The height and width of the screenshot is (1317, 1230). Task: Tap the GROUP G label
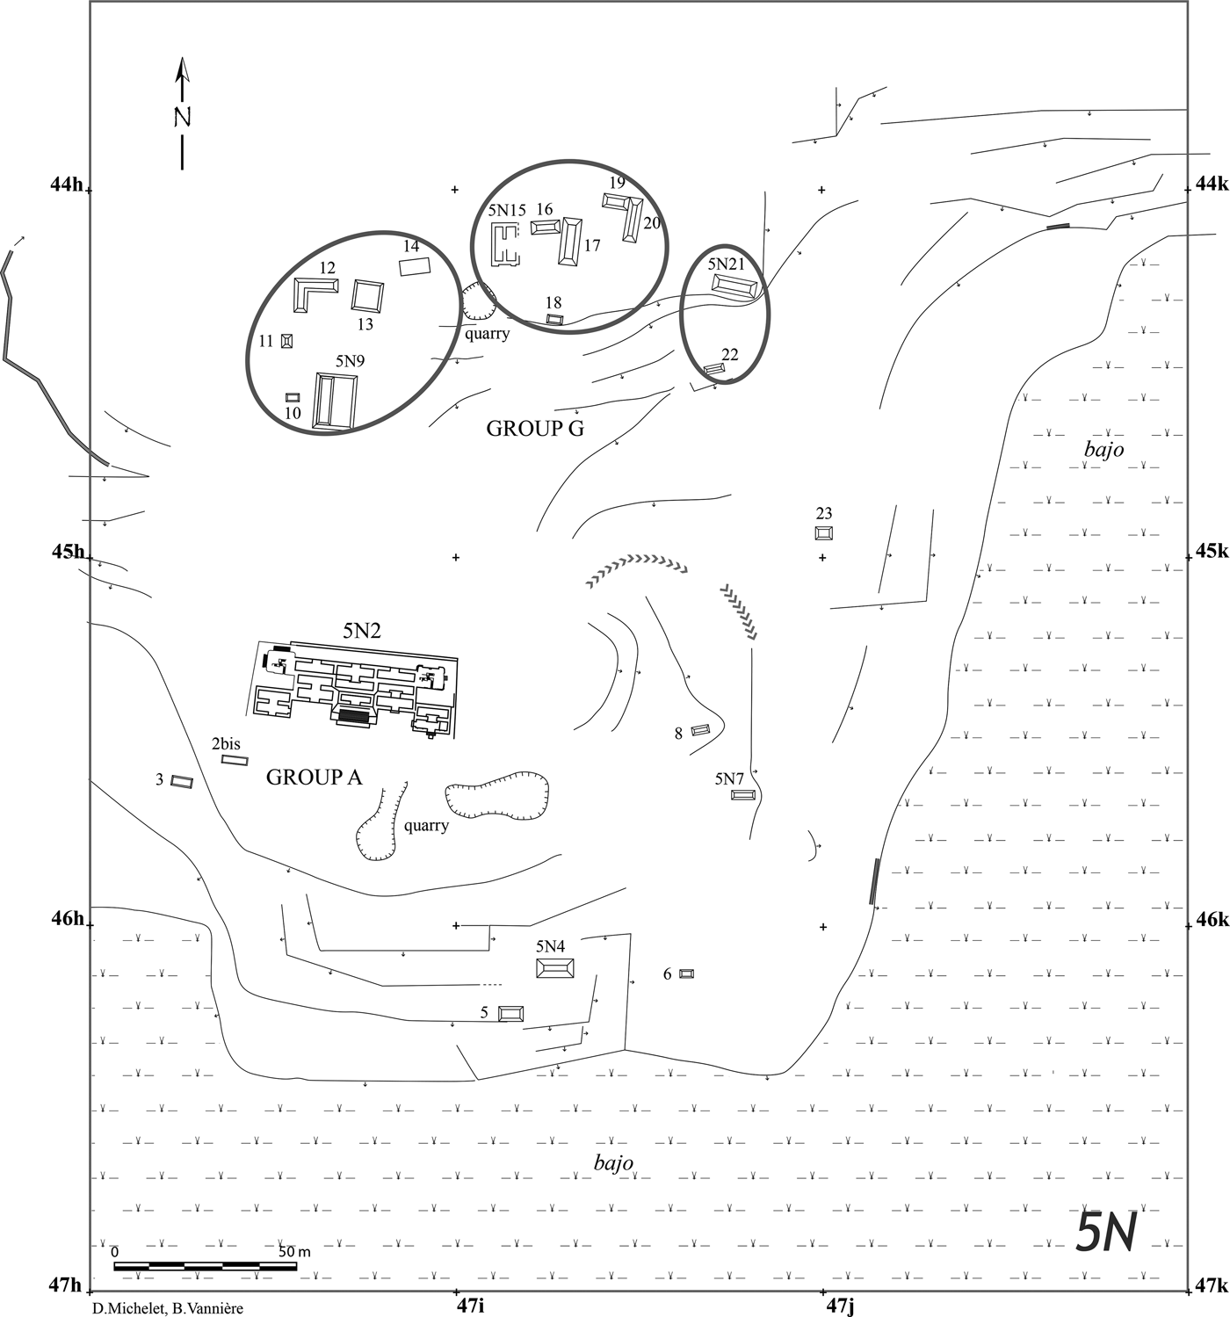[535, 429]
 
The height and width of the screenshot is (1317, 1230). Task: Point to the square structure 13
[367, 295]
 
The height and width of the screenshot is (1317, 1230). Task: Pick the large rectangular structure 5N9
[336, 402]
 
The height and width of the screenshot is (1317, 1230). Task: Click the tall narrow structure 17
[571, 241]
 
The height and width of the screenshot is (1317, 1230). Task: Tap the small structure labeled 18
[553, 319]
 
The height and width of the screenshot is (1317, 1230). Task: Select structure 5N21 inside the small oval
[734, 287]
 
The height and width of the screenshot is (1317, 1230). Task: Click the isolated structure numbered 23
[823, 532]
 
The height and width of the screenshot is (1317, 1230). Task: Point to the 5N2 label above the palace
[362, 629]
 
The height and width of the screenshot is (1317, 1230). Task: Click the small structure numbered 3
[182, 781]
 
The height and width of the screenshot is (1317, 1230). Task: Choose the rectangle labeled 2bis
[235, 760]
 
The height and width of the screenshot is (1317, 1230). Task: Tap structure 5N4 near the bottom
[555, 968]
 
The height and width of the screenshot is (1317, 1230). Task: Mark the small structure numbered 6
[686, 973]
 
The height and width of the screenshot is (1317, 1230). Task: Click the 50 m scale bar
[205, 1266]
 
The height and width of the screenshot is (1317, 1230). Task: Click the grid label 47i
[470, 1306]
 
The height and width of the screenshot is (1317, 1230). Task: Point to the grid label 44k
[1211, 184]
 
